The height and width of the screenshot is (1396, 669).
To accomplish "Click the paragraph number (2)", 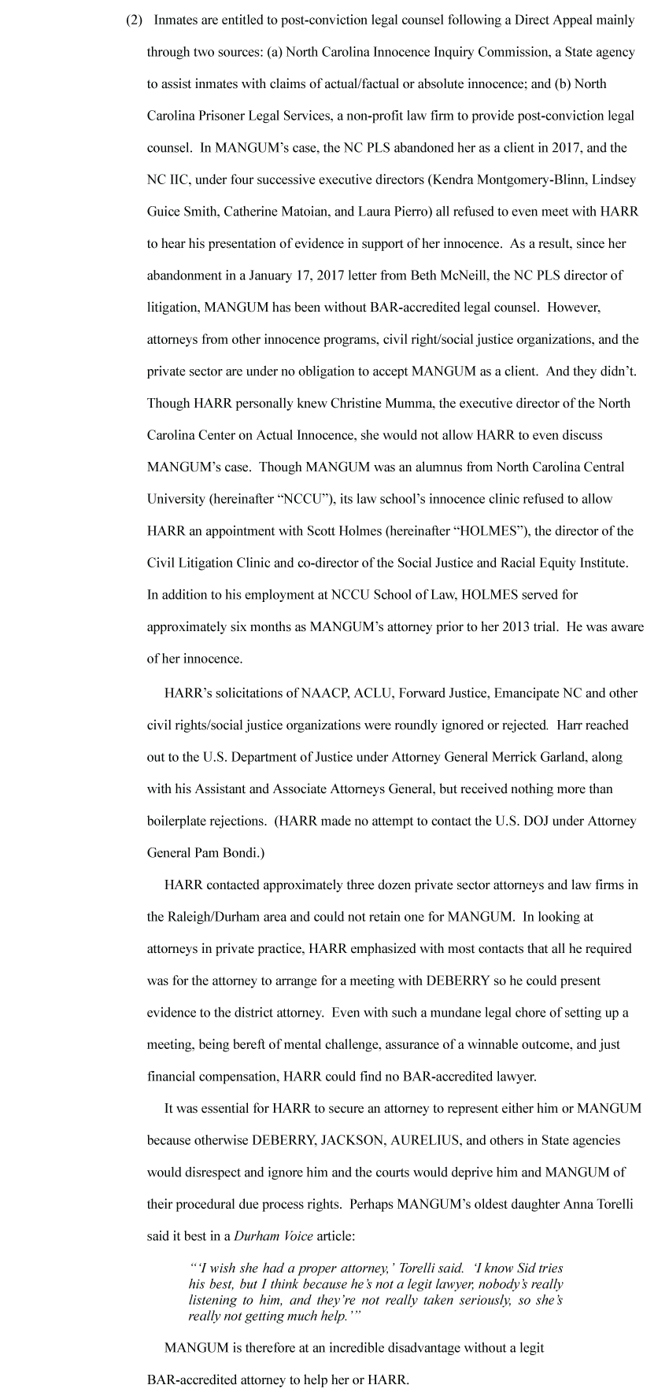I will coord(134,20).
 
